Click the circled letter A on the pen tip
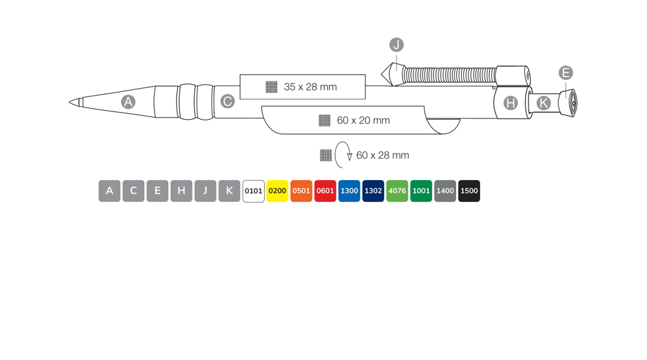128,102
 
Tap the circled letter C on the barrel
227,101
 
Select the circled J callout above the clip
397,45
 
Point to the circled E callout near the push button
565,73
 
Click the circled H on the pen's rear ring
510,103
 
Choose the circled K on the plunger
543,103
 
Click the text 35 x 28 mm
311,87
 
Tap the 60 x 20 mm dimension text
363,120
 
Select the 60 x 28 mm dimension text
382,155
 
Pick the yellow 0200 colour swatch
278,191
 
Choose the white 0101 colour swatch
254,191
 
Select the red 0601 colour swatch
325,191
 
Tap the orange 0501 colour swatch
302,191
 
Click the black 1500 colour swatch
469,191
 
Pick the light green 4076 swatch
397,191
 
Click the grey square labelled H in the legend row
182,191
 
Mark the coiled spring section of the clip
450,74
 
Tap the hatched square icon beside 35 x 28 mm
271,87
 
